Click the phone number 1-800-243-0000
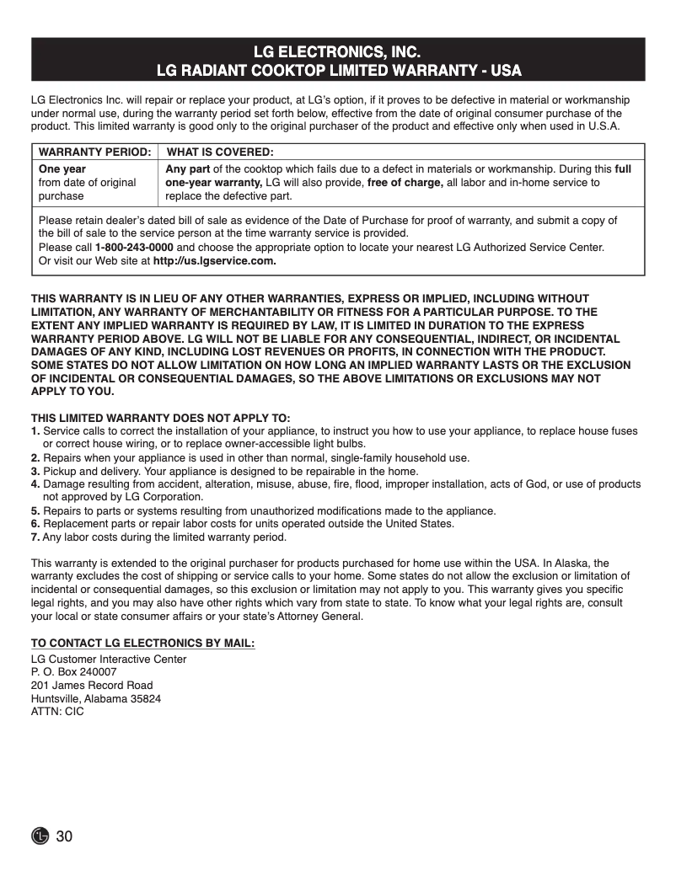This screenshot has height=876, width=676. (x=134, y=248)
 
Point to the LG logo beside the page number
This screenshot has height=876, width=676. (x=40, y=836)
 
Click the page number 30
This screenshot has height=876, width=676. (x=65, y=836)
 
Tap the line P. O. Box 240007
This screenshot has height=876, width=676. (x=74, y=672)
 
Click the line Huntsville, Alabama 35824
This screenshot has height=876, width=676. (x=96, y=698)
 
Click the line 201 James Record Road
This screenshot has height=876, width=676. (x=92, y=685)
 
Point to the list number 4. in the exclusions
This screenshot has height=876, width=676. (x=35, y=484)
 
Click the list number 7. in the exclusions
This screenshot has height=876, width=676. (x=35, y=537)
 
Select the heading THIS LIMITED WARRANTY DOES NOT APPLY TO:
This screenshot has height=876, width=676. (x=160, y=419)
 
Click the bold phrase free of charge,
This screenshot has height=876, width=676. (x=405, y=183)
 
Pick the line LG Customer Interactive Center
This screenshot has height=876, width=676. (x=109, y=659)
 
